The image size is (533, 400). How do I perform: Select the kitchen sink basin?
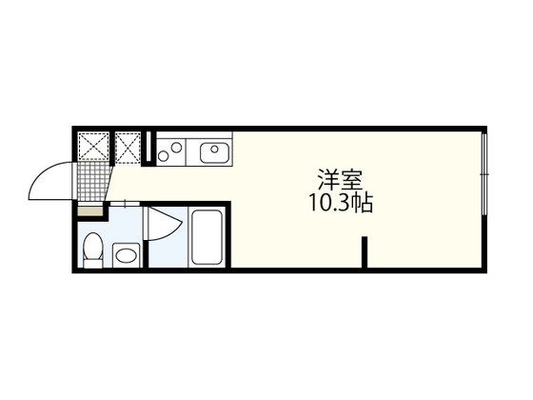tap(213, 150)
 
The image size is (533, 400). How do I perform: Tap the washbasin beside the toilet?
tap(125, 254)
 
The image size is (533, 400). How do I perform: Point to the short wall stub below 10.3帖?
tap(364, 254)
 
